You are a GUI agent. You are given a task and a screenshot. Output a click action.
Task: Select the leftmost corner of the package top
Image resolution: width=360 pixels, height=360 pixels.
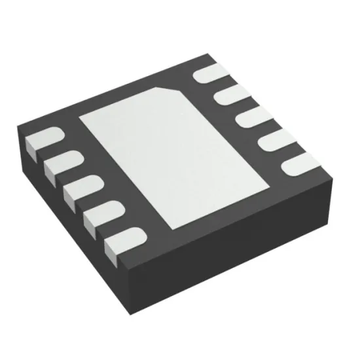click(x=22, y=135)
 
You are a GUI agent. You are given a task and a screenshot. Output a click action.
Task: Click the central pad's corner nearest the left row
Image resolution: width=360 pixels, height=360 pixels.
click(x=79, y=120)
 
